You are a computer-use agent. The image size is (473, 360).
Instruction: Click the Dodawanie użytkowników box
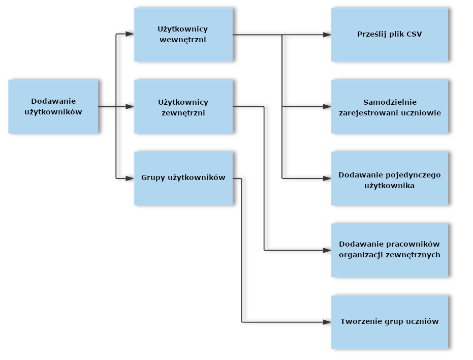pos(53,107)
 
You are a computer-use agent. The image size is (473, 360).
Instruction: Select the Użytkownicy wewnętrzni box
pos(183,35)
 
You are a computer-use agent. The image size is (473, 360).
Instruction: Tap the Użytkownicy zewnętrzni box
pos(183,107)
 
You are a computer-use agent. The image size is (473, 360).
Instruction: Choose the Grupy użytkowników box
pos(183,178)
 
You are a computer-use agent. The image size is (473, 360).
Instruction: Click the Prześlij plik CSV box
pos(390,35)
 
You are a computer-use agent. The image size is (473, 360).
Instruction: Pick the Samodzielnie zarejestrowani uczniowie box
pos(390,107)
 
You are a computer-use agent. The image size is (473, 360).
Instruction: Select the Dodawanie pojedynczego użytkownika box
pos(390,178)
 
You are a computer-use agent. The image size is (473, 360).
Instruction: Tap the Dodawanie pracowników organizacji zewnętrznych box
pos(390,250)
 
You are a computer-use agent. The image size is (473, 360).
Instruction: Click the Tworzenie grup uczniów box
pos(390,322)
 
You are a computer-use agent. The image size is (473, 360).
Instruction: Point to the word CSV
pos(415,35)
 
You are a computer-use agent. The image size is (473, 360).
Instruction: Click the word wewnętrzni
pos(183,40)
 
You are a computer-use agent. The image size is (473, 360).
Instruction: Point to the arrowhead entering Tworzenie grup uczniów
pos(328,322)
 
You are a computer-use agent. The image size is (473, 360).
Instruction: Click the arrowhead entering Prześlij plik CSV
pos(328,35)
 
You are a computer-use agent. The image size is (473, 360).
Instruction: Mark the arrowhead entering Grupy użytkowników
pos(130,178)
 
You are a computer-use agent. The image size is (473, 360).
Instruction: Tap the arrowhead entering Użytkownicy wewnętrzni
pos(130,35)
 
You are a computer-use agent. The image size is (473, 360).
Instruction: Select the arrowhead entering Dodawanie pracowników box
pos(328,250)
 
